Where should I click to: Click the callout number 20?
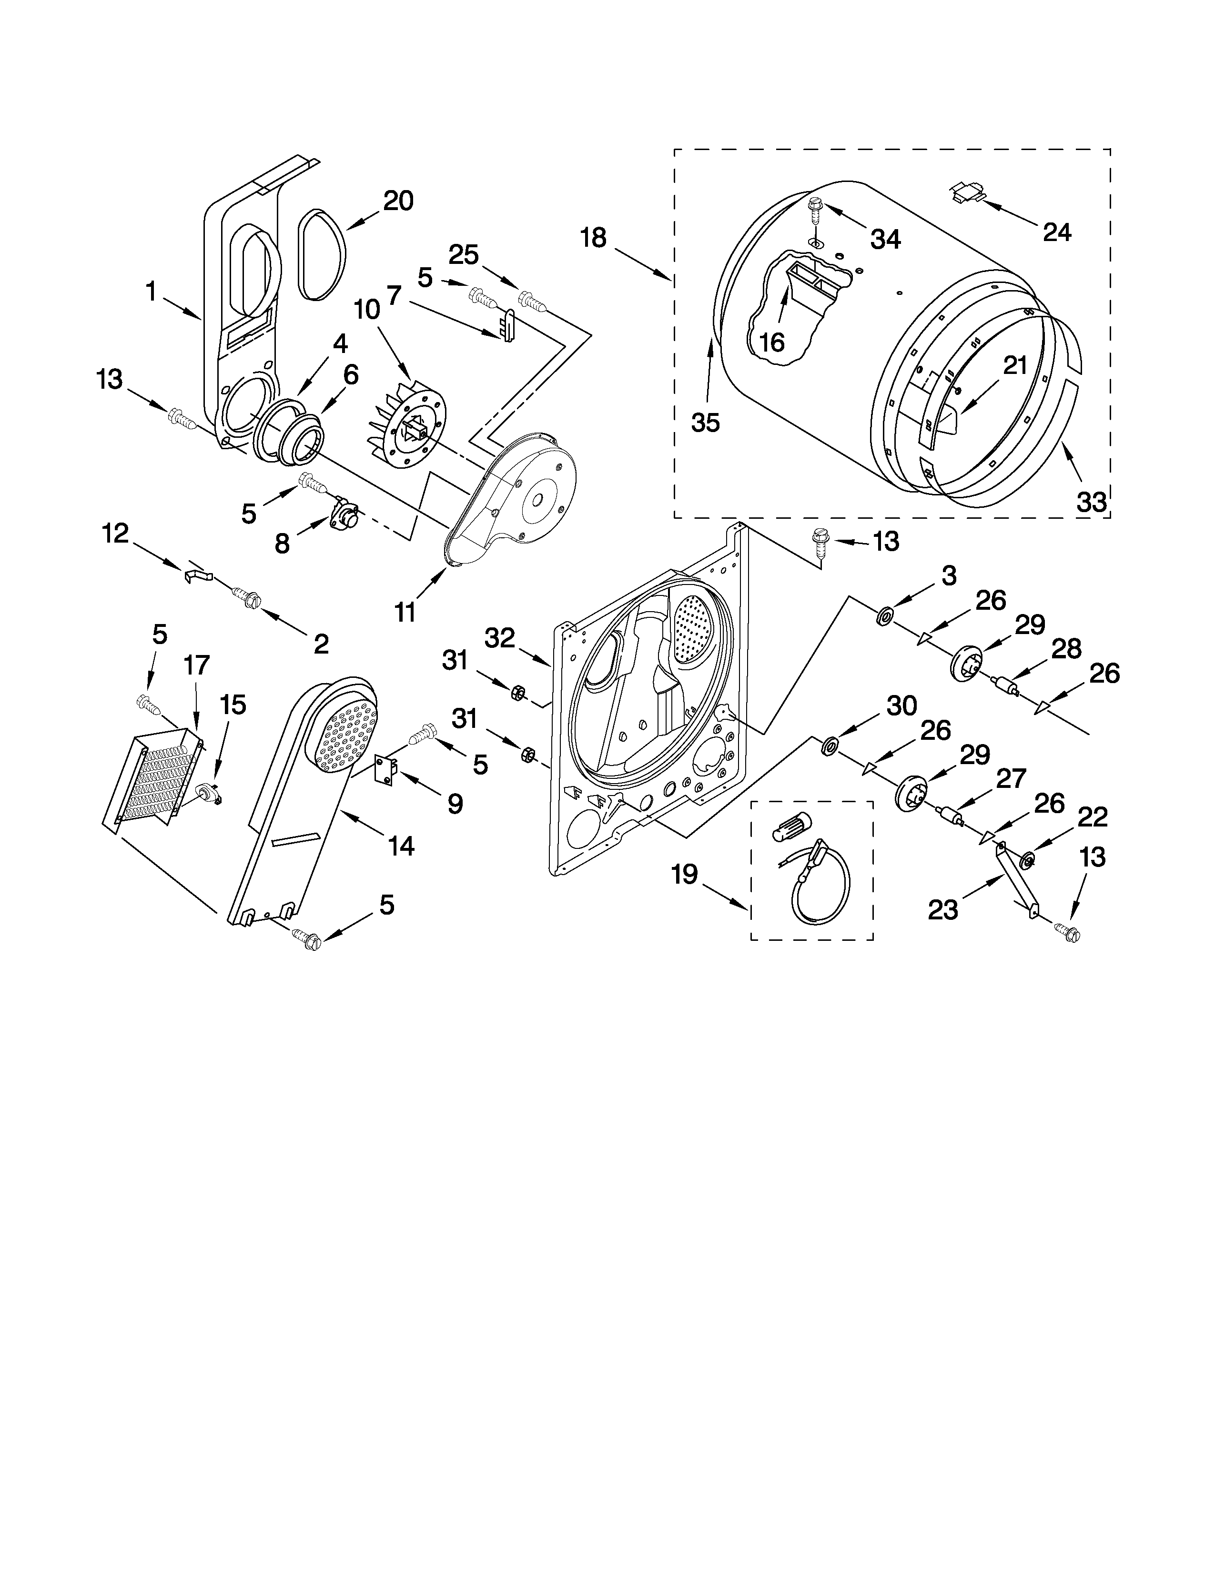pyautogui.click(x=397, y=201)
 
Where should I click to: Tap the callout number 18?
pyautogui.click(x=593, y=238)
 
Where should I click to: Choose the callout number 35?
pyautogui.click(x=705, y=423)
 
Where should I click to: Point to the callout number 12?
pyautogui.click(x=115, y=534)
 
